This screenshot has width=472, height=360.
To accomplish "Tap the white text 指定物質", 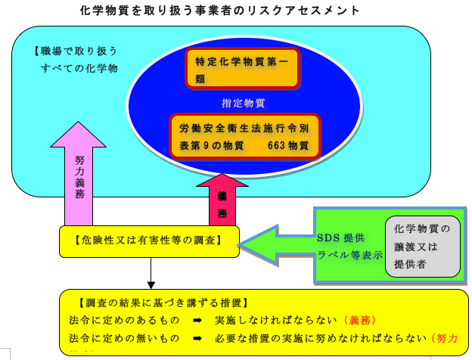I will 242,102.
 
